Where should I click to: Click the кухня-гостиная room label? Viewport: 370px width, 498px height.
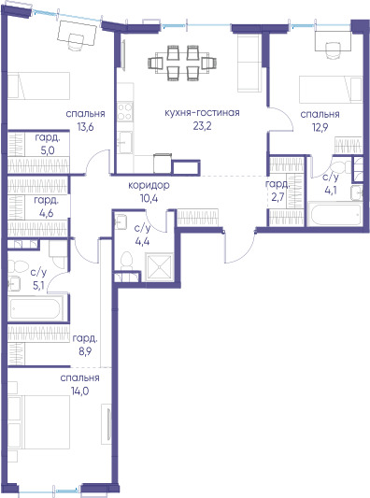[202, 113]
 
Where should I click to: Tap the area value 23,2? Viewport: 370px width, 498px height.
[203, 126]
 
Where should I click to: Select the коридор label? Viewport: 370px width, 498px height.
[149, 185]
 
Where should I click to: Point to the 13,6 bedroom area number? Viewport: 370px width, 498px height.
[85, 127]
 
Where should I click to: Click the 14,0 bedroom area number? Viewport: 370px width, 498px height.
[79, 391]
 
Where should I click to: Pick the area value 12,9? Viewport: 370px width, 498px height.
[320, 127]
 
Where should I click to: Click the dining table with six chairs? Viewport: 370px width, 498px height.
[182, 63]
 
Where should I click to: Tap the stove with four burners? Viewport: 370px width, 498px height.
[125, 112]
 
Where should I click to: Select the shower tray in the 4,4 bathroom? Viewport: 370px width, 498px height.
[159, 267]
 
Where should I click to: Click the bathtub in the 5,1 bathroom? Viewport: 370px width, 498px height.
[35, 308]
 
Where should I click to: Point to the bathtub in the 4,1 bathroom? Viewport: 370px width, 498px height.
[335, 214]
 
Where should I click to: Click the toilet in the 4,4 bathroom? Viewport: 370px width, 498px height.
[127, 262]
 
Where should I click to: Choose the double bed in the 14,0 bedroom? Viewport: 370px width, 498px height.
[38, 422]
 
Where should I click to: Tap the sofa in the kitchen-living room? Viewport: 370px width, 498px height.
[249, 63]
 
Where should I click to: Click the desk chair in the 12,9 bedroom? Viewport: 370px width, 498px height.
[333, 50]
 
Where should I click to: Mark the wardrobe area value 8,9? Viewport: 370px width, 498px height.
[85, 351]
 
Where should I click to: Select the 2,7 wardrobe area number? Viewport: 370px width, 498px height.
[277, 196]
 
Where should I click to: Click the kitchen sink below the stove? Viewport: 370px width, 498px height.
[125, 142]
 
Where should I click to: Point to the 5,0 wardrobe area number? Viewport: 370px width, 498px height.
[48, 150]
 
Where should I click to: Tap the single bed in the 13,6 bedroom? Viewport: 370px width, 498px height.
[38, 86]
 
